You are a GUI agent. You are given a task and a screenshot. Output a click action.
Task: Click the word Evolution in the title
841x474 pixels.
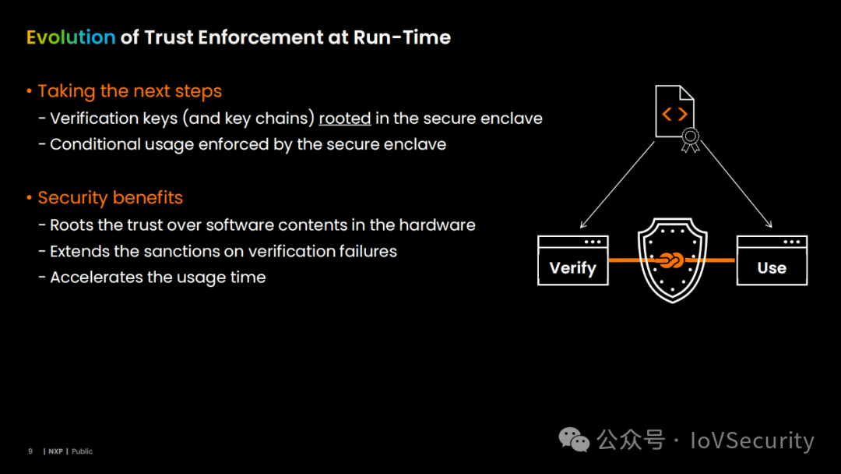(71, 37)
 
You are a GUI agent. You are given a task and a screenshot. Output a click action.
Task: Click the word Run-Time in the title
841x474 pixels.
(402, 37)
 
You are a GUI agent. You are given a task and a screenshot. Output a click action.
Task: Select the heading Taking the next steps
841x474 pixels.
(129, 91)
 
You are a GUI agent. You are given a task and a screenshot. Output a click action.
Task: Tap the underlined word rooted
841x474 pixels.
(345, 118)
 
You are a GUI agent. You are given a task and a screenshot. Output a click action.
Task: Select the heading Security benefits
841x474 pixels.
(110, 197)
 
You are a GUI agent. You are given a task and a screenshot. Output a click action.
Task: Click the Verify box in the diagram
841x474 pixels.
(573, 260)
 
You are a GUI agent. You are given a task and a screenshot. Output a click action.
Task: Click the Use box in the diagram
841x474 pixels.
(772, 260)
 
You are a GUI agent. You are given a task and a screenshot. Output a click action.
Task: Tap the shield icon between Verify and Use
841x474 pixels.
(673, 260)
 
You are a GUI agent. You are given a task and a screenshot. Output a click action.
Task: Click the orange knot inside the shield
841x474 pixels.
(671, 260)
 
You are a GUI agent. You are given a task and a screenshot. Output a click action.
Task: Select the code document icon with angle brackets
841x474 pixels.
(675, 111)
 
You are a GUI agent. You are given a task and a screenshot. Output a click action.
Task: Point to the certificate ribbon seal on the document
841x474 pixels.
(690, 140)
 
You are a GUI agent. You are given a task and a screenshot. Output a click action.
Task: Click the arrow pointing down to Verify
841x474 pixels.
(618, 185)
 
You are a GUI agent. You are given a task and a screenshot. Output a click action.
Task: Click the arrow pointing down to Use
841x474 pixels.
(737, 185)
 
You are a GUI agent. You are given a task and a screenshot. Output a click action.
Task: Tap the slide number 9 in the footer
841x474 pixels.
(30, 451)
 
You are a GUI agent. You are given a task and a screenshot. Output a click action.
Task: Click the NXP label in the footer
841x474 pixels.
(56, 451)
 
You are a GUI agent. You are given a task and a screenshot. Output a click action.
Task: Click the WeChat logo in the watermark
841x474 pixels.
(574, 440)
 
